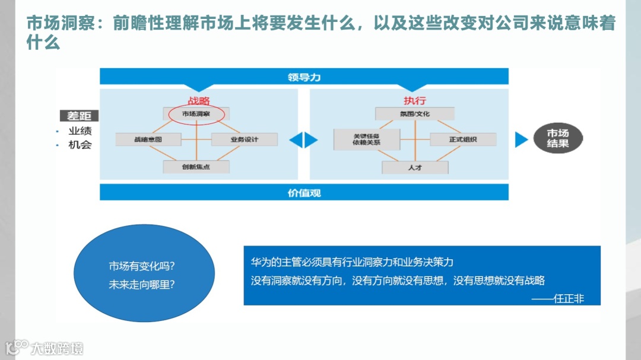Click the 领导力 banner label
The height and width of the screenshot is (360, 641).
pos(304,77)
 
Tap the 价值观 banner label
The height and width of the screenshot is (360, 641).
pos(304,193)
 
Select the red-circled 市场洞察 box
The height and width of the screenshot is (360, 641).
pos(196,113)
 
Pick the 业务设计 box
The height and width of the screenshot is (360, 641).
pos(244,139)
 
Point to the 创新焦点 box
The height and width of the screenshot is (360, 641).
pos(196,167)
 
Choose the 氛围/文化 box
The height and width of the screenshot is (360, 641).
pos(415,113)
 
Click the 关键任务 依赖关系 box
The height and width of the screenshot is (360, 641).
pos(366,139)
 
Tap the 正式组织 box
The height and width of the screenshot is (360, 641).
pos(462,139)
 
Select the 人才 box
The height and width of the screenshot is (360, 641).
pos(415,167)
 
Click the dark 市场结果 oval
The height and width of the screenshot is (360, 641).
pos(557,139)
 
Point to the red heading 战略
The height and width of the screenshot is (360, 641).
pos(198,101)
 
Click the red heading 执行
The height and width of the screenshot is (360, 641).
pos(415,101)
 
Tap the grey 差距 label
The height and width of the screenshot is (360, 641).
pos(79,116)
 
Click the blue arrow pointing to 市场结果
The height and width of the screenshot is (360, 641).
pos(521,139)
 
